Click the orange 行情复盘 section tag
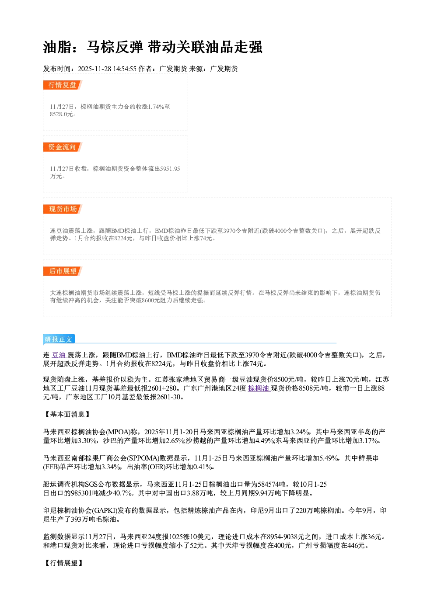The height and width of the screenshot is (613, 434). point(63,85)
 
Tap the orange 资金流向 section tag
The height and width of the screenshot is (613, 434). point(63,147)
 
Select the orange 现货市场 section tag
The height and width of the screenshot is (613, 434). point(63,209)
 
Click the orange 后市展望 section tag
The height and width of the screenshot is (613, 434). point(63,271)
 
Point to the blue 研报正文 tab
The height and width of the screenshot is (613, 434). point(59,339)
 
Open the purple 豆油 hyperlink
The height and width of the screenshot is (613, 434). point(59,355)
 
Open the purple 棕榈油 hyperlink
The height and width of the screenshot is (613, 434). point(259,388)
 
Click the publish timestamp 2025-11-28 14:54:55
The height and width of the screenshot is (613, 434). point(107,69)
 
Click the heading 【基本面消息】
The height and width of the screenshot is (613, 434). point(67,414)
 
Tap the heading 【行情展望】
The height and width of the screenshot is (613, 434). point(63,563)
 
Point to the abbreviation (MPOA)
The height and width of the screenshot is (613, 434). point(118,432)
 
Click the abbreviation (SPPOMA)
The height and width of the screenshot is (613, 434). point(143,458)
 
